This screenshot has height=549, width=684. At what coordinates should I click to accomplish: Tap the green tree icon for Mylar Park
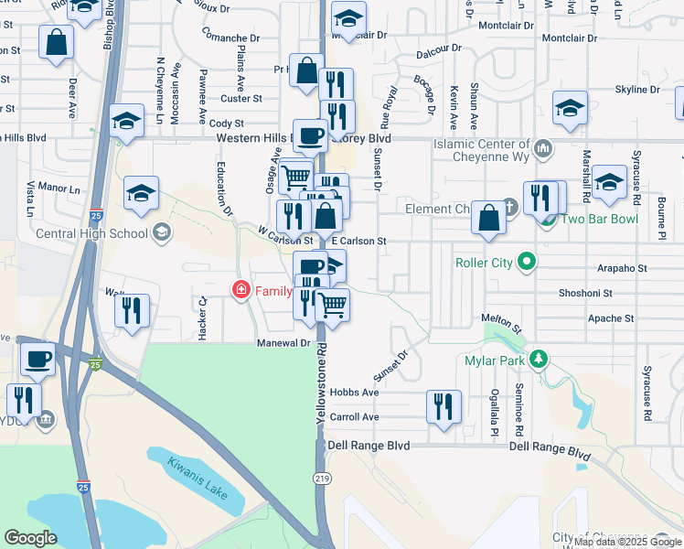click(x=540, y=360)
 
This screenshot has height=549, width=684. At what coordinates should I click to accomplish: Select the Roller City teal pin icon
click(x=527, y=264)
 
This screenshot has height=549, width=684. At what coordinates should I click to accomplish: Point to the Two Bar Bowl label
click(x=598, y=220)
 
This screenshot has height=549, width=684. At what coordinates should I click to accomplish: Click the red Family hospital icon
click(x=241, y=291)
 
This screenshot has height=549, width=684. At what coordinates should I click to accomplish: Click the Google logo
click(x=30, y=538)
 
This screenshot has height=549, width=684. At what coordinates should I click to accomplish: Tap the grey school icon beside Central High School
click(x=163, y=232)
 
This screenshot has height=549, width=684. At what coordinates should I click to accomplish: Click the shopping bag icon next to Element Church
click(x=489, y=219)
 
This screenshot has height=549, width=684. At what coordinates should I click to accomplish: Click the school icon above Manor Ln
click(x=141, y=193)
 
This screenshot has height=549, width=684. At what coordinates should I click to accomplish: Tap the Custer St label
click(x=240, y=99)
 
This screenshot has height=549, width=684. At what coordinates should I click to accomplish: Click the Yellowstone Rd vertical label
click(x=321, y=384)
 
